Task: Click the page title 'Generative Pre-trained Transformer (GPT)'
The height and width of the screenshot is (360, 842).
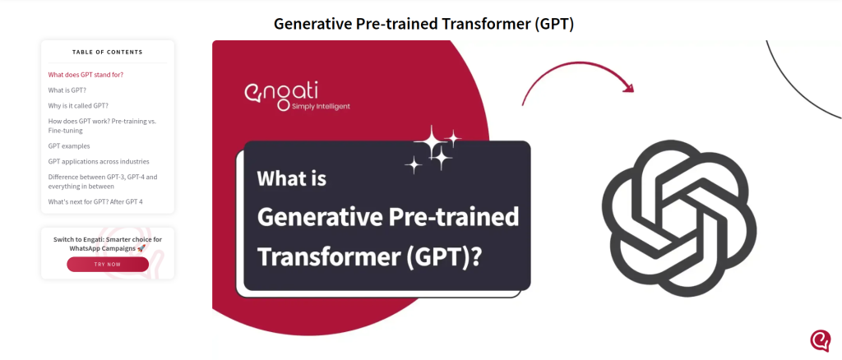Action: click(x=423, y=24)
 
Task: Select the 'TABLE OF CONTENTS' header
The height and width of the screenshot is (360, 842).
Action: click(x=108, y=52)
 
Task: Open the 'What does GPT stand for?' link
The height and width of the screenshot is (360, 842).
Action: click(x=86, y=75)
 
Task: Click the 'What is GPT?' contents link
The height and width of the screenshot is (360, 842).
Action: click(x=67, y=90)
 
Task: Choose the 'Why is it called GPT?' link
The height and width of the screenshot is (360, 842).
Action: click(x=78, y=106)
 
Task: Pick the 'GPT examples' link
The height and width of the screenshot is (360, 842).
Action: click(x=69, y=146)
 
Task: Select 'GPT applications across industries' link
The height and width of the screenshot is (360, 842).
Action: click(x=99, y=161)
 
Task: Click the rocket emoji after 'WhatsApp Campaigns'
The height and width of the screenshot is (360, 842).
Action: click(x=141, y=248)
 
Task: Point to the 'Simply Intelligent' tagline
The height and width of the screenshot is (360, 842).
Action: click(x=321, y=106)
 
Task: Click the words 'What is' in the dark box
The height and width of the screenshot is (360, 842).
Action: click(x=292, y=178)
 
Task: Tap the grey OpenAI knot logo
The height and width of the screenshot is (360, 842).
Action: click(x=678, y=218)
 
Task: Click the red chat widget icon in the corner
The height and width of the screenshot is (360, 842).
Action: click(x=820, y=341)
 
